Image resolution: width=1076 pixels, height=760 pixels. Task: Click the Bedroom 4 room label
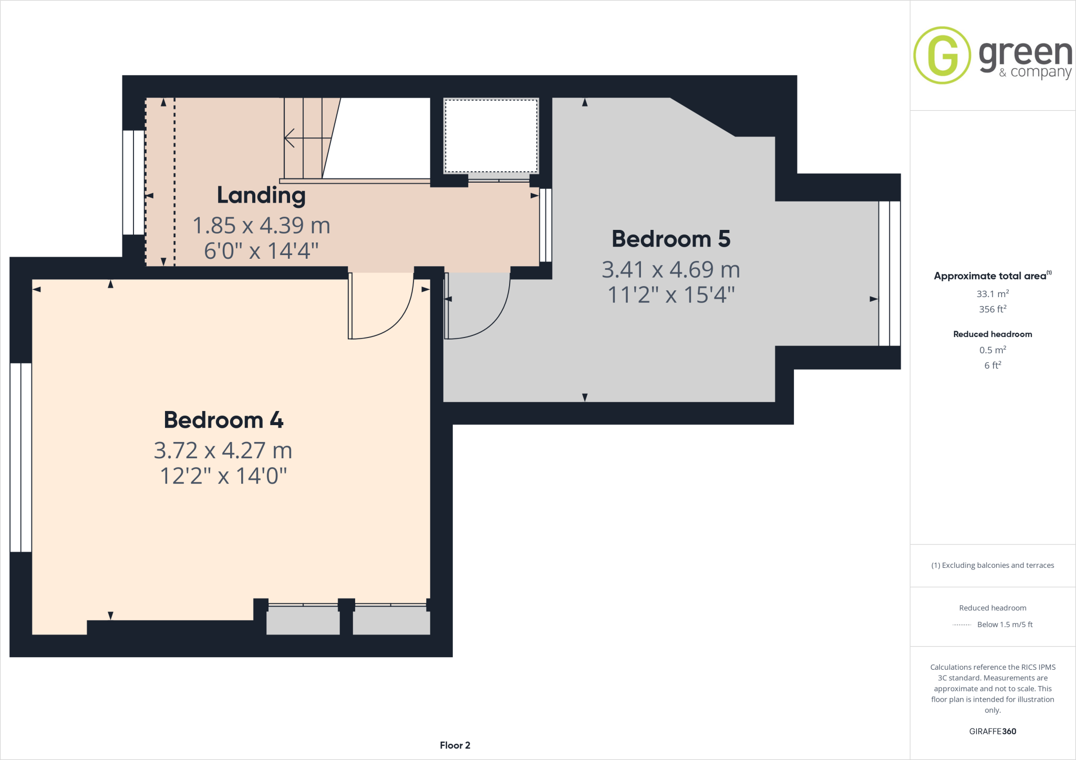tap(223, 420)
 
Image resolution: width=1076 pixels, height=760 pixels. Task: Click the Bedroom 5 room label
tap(671, 239)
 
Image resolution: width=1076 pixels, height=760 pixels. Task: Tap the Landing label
tap(261, 195)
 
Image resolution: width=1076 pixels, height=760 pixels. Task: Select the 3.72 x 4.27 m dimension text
tap(223, 450)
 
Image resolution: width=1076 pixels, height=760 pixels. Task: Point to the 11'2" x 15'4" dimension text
tap(671, 295)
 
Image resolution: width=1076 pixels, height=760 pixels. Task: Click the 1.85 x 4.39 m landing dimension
tap(261, 226)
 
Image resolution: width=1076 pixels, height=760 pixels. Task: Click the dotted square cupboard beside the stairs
tap(491, 135)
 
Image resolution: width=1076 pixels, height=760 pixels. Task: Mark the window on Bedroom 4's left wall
tap(21, 457)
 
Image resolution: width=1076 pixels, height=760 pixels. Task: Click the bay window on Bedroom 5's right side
tap(889, 273)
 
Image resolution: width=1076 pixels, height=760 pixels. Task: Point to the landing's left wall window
tap(133, 182)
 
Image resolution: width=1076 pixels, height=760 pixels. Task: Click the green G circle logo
tap(942, 55)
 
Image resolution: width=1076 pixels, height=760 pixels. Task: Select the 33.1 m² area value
tap(992, 294)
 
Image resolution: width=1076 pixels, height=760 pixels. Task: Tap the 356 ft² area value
tap(992, 309)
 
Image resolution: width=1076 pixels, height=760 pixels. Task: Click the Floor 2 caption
tap(455, 745)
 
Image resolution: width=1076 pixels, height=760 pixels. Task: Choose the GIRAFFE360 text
tap(992, 731)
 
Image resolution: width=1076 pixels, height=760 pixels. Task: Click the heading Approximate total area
tap(990, 276)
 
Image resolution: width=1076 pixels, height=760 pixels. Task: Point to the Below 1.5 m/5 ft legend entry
tap(1004, 625)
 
